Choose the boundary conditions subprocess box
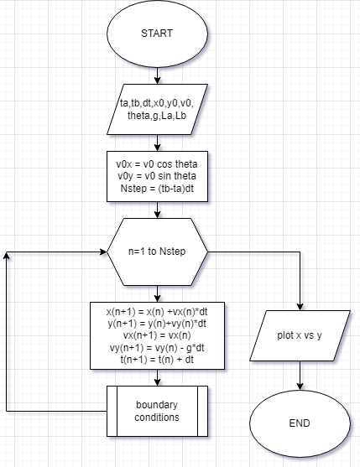click(157, 409)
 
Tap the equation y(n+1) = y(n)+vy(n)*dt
click(157, 324)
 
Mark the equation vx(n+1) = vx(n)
click(157, 335)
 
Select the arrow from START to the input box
click(157, 77)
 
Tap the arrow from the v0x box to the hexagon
click(157, 210)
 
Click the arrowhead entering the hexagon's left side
click(104, 251)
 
